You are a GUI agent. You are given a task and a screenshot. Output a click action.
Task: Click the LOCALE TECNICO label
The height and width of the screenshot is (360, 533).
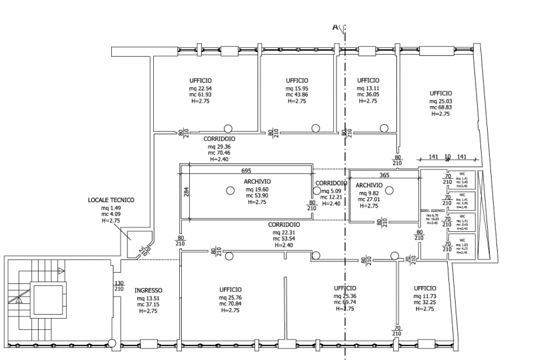[111, 199]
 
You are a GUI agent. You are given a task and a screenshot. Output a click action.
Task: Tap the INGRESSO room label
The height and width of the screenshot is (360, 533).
[149, 290]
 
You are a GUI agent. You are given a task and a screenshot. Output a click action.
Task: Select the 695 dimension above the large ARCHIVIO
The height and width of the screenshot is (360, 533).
[246, 171]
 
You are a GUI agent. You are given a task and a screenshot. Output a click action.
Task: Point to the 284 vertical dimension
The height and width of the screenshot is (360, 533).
[187, 193]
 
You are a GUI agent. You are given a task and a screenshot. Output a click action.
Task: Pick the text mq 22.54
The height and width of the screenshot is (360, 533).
[200, 89]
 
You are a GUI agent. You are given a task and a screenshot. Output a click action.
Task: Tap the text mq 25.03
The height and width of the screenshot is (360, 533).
[441, 101]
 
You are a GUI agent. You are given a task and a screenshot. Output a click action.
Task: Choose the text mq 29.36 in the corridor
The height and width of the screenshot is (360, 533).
[219, 146]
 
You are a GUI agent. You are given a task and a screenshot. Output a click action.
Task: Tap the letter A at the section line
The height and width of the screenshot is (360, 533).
[335, 27]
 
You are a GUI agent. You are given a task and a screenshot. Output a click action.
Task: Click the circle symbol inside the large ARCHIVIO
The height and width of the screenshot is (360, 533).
[230, 191]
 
